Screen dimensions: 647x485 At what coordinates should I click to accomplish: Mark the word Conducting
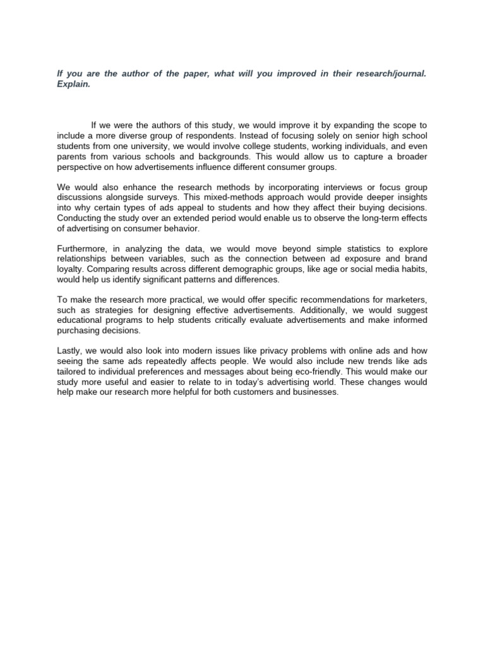point(80,218)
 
